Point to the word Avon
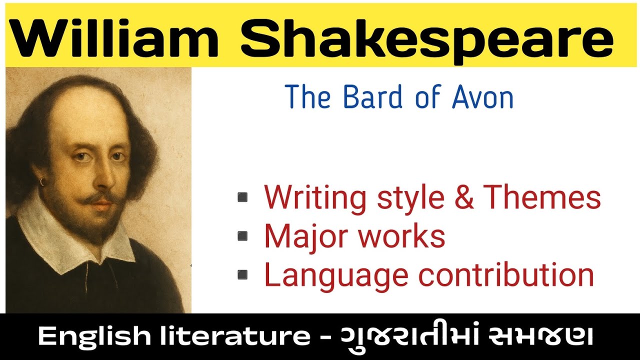coord(482,97)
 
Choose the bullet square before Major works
coord(242,236)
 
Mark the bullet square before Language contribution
coord(242,274)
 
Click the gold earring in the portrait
coord(42,182)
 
